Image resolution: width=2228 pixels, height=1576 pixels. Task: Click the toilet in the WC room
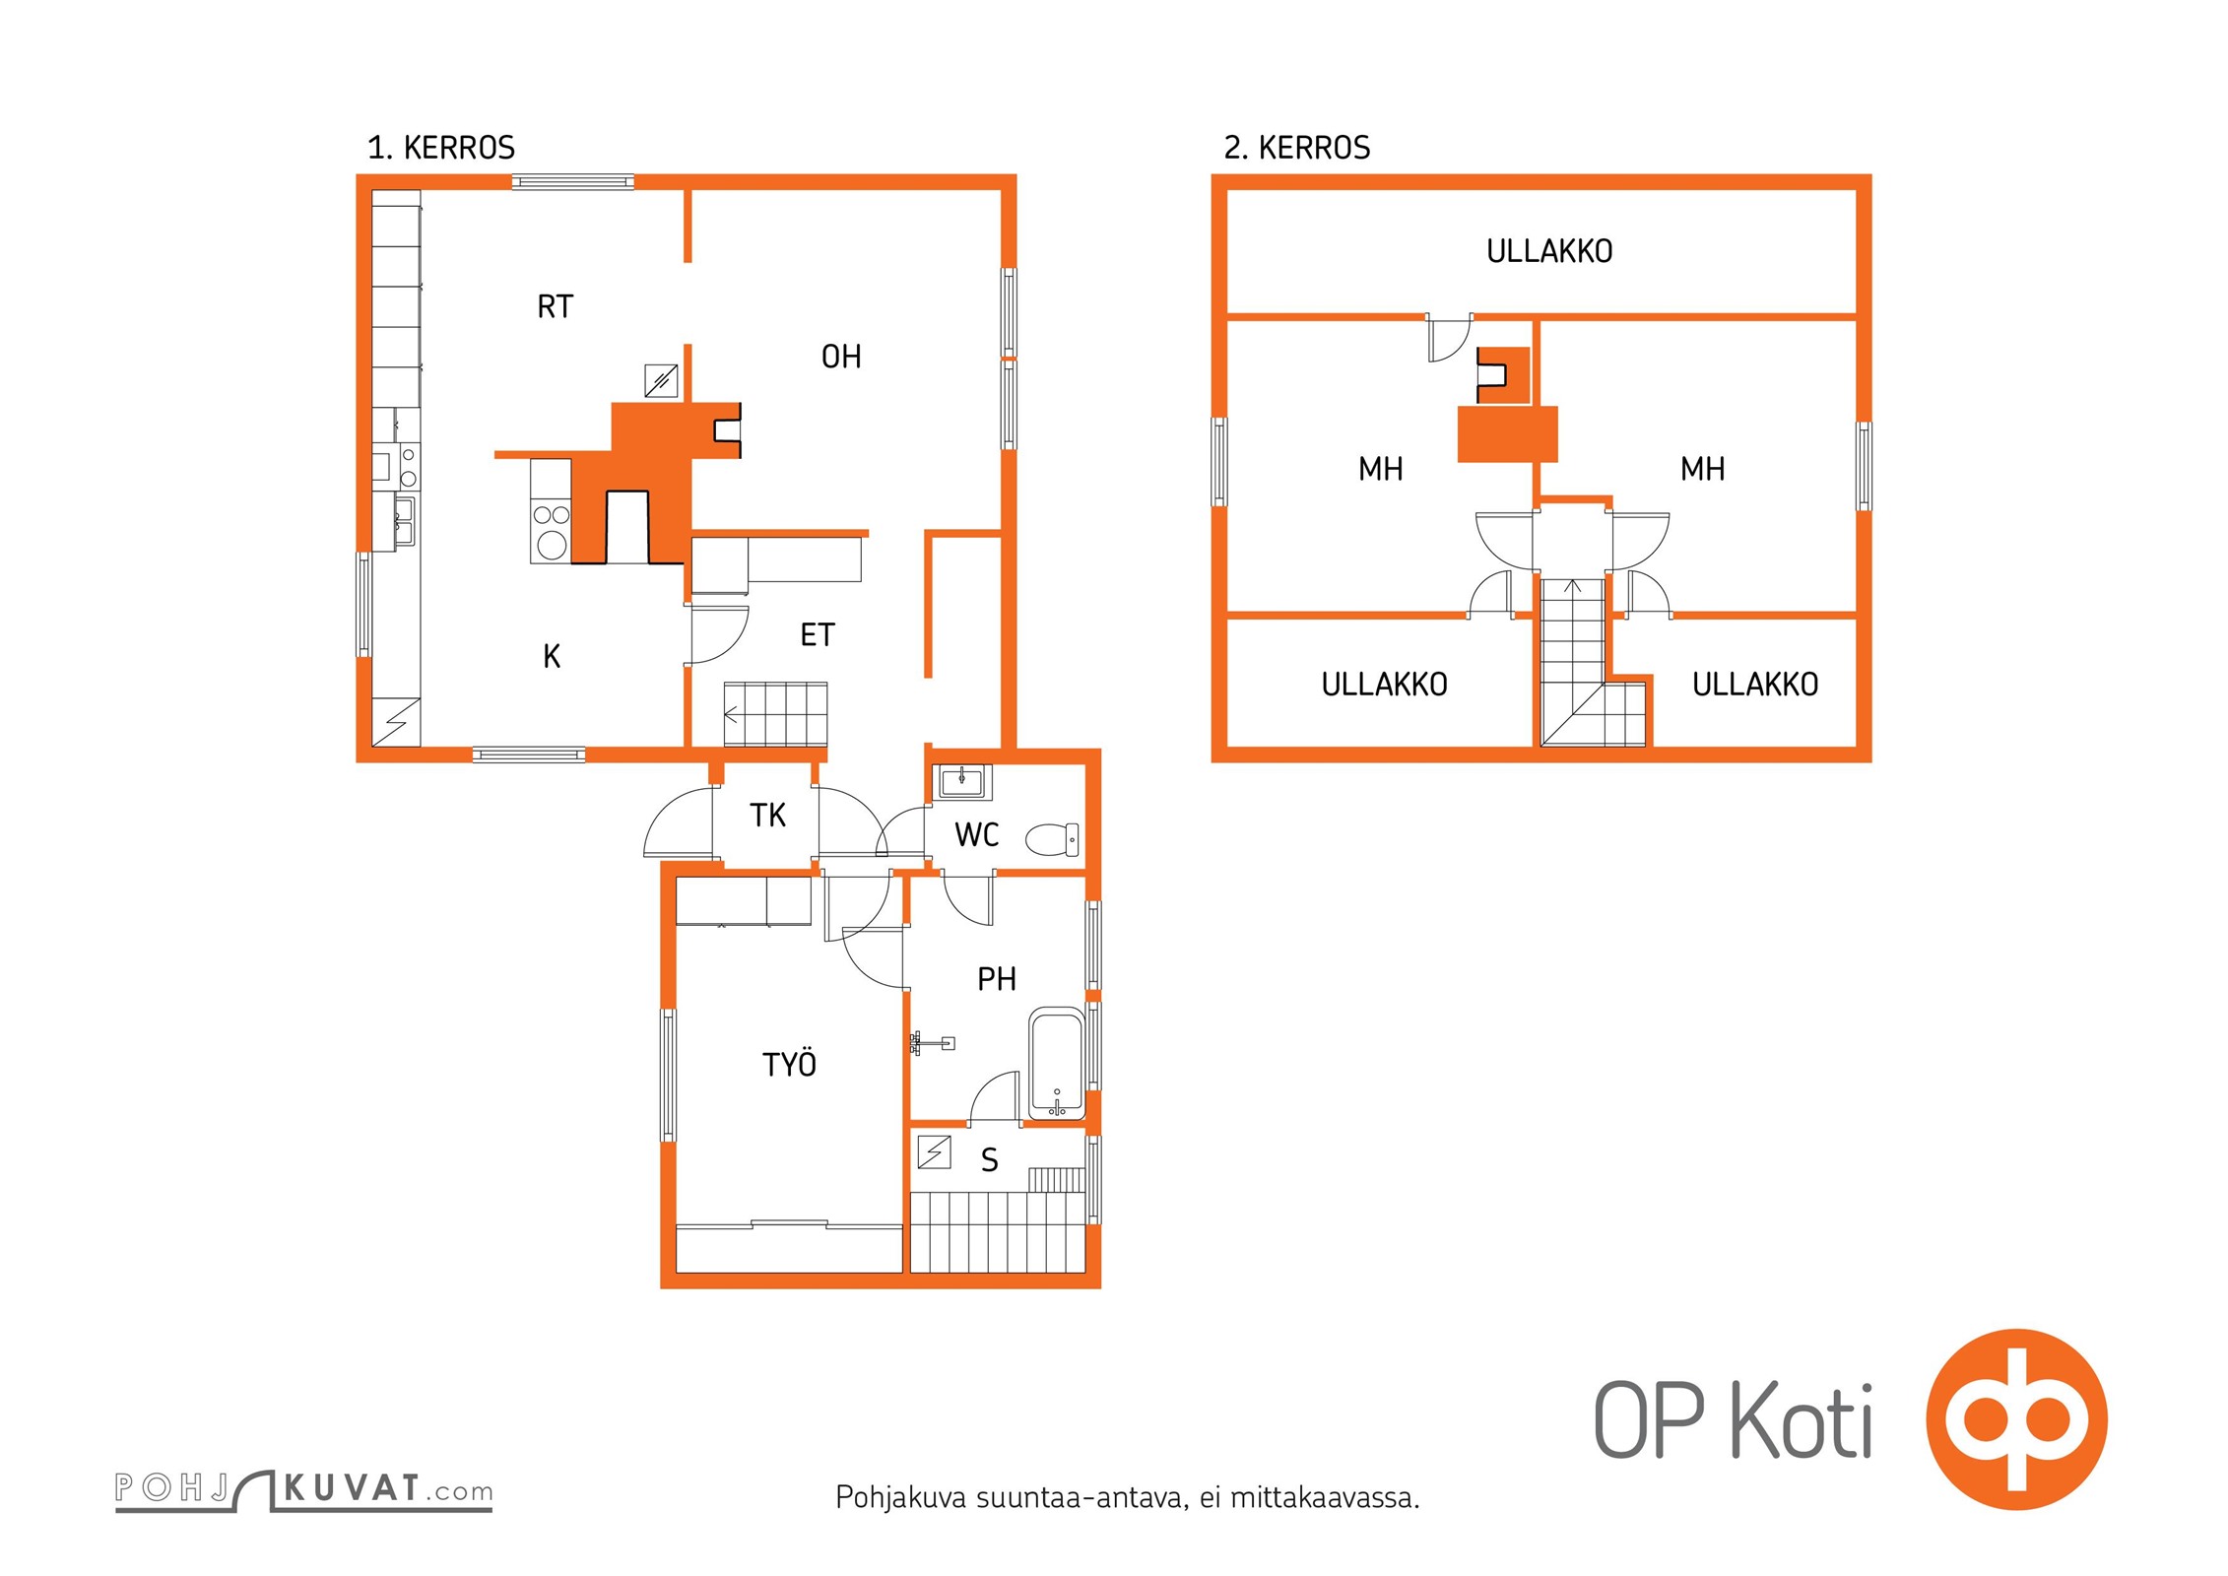(x=1052, y=840)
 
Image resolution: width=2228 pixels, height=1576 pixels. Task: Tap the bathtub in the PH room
(x=1057, y=1064)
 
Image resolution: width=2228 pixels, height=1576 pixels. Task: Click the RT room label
(x=555, y=307)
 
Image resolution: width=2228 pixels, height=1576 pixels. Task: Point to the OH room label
(x=841, y=357)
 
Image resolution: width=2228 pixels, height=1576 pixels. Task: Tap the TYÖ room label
(x=790, y=1064)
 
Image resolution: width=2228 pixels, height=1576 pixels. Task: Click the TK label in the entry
(x=767, y=816)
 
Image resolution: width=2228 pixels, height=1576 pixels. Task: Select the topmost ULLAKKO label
(x=1549, y=251)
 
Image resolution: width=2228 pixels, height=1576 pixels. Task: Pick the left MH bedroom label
(x=1380, y=469)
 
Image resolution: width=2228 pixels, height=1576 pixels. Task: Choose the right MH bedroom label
(x=1702, y=469)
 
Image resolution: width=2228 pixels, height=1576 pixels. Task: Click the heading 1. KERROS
(x=441, y=148)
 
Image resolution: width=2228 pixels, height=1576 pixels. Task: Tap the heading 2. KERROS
(x=1297, y=148)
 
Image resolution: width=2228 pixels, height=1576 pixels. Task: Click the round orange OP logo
(x=2016, y=1419)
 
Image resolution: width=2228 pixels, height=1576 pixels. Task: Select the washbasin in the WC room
(x=960, y=782)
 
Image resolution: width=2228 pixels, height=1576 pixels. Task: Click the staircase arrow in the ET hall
(x=731, y=715)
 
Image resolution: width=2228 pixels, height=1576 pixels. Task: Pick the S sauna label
(x=990, y=1160)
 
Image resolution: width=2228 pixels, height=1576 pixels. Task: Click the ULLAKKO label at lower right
(x=1755, y=685)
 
